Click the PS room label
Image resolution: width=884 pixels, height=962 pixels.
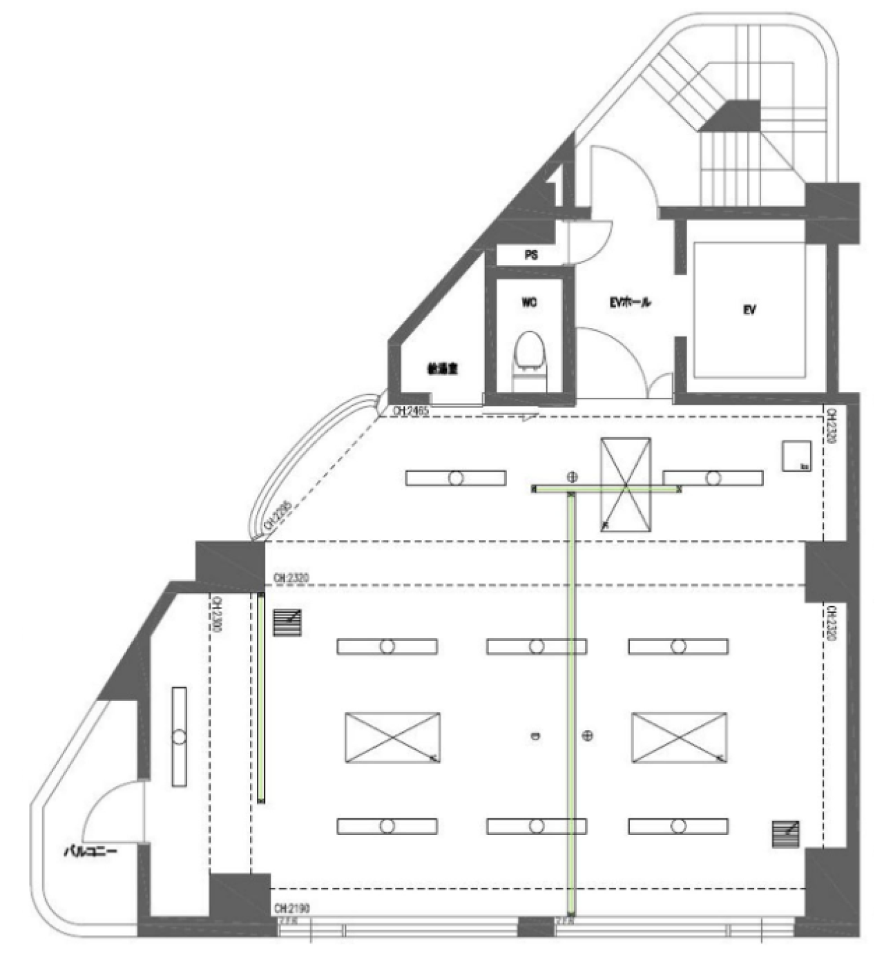(x=531, y=255)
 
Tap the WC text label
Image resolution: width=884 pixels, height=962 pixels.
(x=529, y=302)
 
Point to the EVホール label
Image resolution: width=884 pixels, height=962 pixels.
(x=629, y=302)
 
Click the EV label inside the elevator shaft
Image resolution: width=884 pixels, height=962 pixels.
(x=749, y=310)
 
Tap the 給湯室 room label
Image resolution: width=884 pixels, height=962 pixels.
(x=442, y=369)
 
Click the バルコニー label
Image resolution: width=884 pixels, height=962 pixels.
(x=90, y=851)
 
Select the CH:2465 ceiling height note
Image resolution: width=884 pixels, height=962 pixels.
(x=411, y=411)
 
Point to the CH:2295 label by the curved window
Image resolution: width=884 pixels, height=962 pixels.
(x=276, y=515)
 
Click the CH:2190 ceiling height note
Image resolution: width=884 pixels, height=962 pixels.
(x=291, y=908)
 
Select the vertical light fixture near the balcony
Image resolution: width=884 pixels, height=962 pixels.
(x=180, y=736)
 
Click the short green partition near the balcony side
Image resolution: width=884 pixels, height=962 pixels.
(x=261, y=698)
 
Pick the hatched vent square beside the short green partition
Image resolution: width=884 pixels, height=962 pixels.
(x=287, y=622)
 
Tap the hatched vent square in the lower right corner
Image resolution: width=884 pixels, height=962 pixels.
(x=786, y=834)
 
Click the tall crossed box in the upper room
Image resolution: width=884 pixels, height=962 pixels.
(x=625, y=484)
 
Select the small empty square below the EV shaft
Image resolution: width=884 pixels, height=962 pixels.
(x=796, y=456)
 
